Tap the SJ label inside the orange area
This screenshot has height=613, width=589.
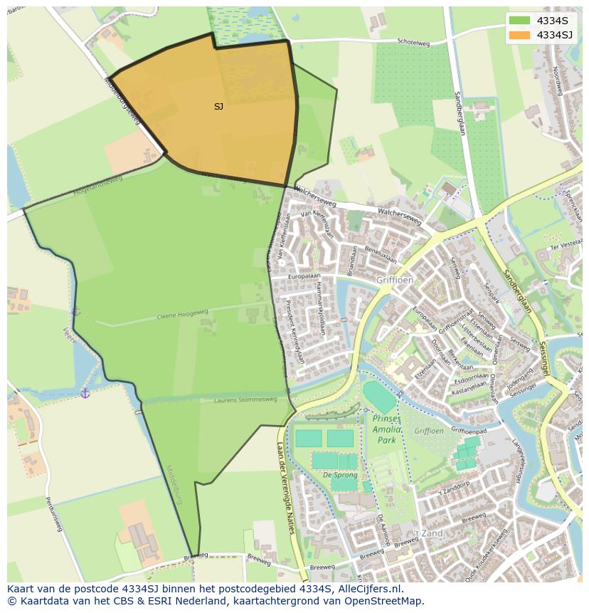(218, 107)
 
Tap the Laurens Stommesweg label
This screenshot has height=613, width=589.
(246, 400)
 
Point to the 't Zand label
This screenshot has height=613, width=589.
(429, 533)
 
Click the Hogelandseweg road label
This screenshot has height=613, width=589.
(97, 185)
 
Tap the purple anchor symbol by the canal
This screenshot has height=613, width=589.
(85, 392)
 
